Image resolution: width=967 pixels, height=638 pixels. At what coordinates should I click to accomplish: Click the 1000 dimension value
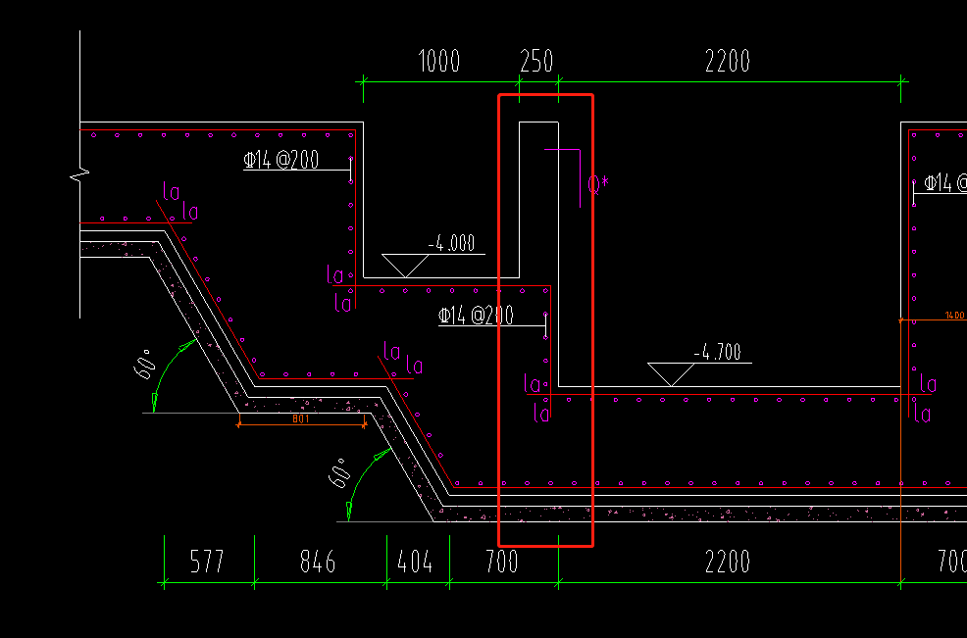tap(438, 62)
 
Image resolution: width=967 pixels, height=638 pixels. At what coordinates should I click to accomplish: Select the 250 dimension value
tap(536, 62)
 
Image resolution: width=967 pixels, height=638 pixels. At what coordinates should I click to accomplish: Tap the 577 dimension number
tap(206, 562)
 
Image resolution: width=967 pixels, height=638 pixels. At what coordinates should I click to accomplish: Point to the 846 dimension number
tap(318, 562)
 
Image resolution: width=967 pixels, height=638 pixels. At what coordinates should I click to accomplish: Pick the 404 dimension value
tap(416, 562)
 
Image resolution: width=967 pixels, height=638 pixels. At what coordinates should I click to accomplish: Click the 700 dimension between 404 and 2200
tap(502, 562)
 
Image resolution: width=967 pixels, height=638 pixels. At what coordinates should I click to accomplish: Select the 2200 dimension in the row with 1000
tap(728, 62)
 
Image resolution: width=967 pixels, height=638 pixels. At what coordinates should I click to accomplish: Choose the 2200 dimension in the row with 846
tap(728, 562)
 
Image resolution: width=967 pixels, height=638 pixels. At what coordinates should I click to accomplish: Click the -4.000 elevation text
tap(450, 244)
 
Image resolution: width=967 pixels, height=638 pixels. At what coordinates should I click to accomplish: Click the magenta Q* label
tap(598, 182)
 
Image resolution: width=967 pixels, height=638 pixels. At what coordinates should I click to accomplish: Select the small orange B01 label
tap(301, 418)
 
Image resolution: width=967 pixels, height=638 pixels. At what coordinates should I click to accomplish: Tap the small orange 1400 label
tap(954, 316)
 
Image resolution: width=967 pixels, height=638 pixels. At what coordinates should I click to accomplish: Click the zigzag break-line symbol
tap(80, 175)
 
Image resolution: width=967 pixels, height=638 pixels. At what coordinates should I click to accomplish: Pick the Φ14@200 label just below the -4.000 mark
tap(476, 316)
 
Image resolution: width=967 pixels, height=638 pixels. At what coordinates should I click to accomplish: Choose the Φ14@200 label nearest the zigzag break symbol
tap(281, 161)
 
